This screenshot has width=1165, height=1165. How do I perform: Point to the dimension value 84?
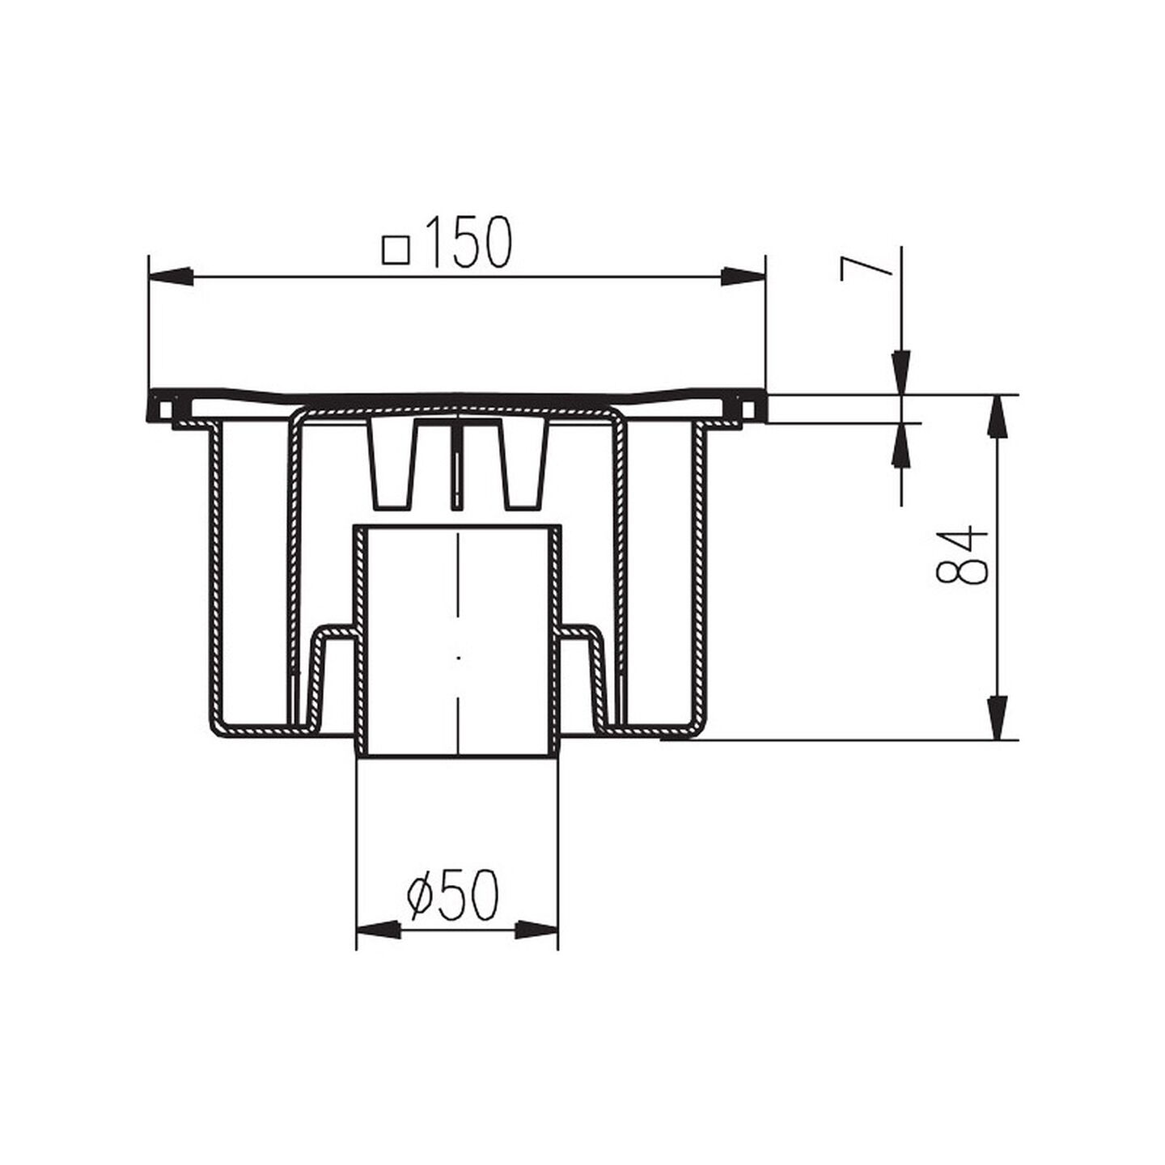coord(960,554)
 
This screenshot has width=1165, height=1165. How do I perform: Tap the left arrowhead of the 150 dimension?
coord(171,277)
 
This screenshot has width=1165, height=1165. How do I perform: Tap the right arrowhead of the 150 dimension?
coord(743,277)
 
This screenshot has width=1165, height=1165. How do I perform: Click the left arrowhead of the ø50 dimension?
coord(379,947)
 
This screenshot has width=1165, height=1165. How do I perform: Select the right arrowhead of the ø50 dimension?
coord(536,947)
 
